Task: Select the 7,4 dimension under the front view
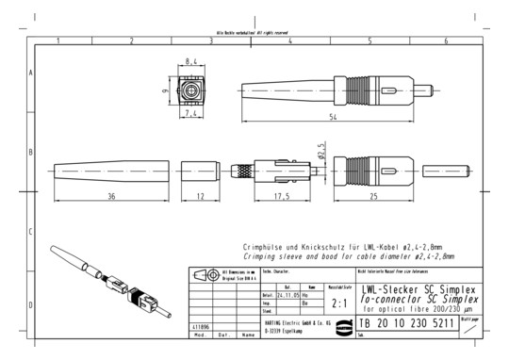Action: [191, 114]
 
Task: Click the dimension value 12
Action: [201, 195]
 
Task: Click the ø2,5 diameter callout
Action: [321, 150]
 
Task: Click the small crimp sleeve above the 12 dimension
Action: [201, 172]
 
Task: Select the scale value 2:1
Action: [339, 303]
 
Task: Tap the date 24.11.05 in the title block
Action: [277, 294]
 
